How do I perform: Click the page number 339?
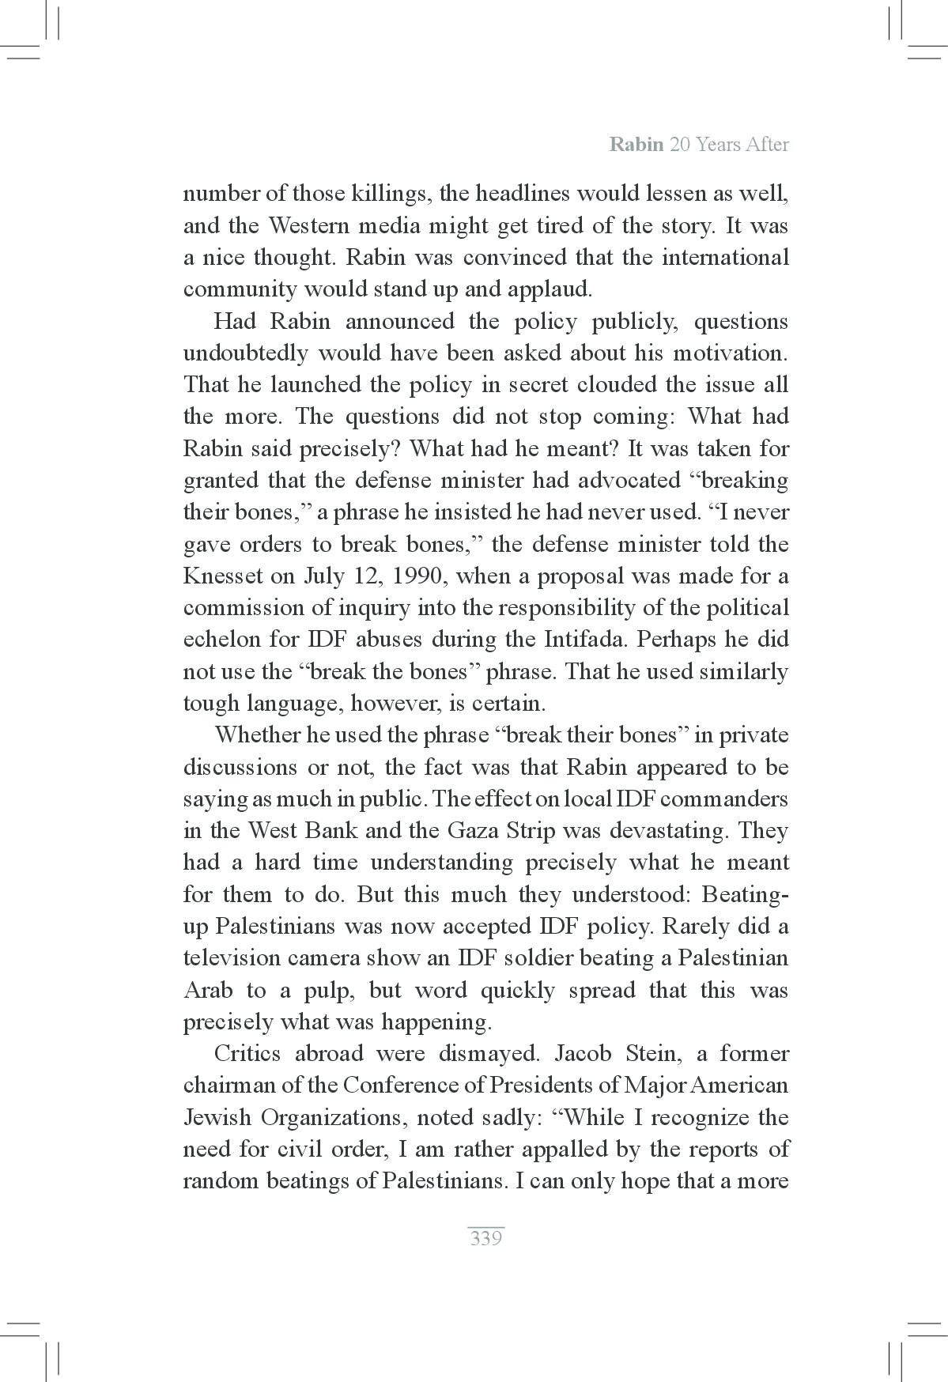pyautogui.click(x=485, y=1238)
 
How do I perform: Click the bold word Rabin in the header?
pyautogui.click(x=636, y=145)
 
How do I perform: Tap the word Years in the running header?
pyautogui.click(x=714, y=145)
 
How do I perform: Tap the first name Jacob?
pyautogui.click(x=584, y=1054)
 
